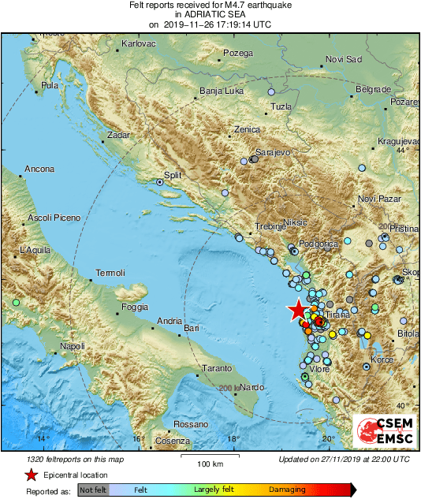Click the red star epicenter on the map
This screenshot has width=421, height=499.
[297, 311]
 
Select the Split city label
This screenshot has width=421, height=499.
[173, 176]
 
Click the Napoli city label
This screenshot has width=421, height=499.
[72, 346]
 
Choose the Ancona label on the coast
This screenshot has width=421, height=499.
[39, 169]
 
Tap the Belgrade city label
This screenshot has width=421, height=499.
[373, 90]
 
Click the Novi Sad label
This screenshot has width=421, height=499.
[343, 60]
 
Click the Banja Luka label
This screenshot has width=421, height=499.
[219, 91]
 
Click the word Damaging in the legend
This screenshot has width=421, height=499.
[287, 490]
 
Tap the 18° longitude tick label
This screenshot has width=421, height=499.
[233, 439]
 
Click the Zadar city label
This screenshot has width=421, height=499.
[118, 136]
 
